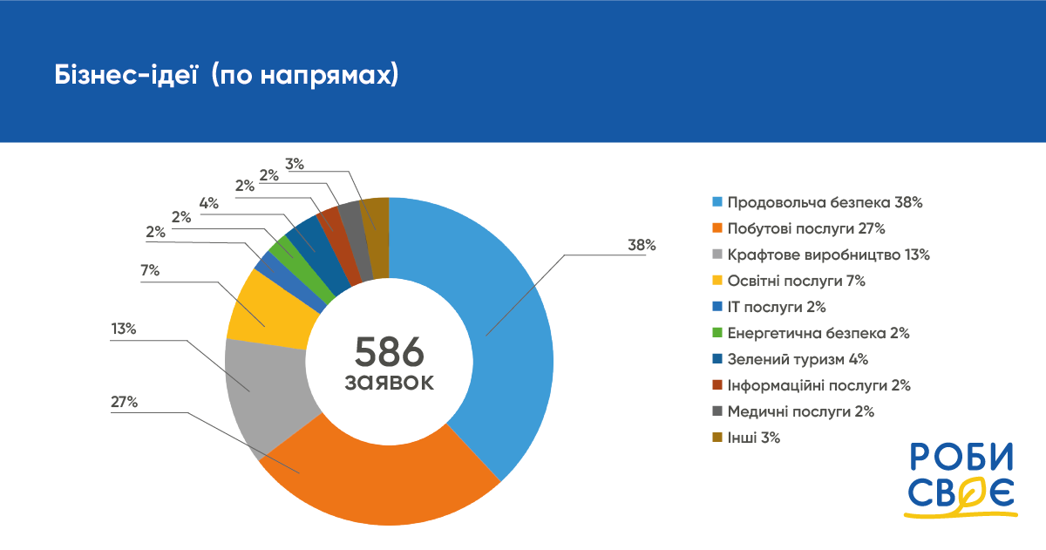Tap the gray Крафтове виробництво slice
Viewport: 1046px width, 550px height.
[261, 392]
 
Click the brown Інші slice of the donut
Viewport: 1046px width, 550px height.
[376, 218]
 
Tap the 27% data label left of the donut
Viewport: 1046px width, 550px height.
[124, 402]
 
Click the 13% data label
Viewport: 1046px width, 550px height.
[124, 329]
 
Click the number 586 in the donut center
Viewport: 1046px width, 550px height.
[389, 351]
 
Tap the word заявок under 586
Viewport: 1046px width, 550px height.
[389, 383]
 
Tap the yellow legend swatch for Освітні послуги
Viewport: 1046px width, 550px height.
[717, 281]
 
